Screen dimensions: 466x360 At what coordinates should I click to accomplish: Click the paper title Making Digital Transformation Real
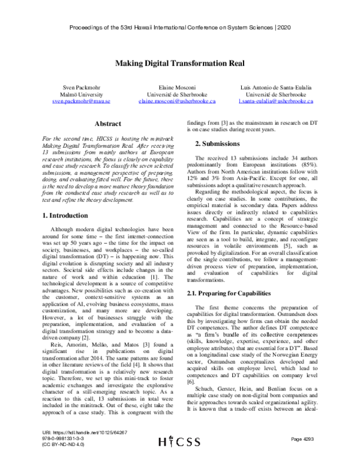tap(180, 62)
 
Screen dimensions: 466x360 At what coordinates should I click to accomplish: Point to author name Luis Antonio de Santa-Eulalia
tap(280, 88)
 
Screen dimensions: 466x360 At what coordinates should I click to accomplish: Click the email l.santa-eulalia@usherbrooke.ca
tap(280, 101)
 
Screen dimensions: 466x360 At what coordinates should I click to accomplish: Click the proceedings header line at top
tap(180, 28)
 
